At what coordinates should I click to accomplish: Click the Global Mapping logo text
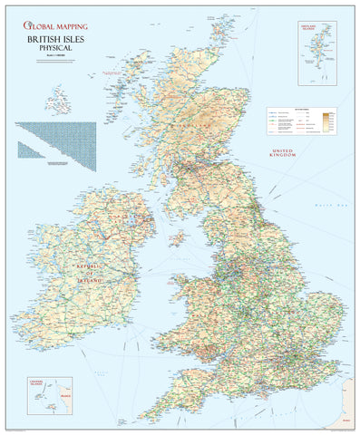click(56, 27)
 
